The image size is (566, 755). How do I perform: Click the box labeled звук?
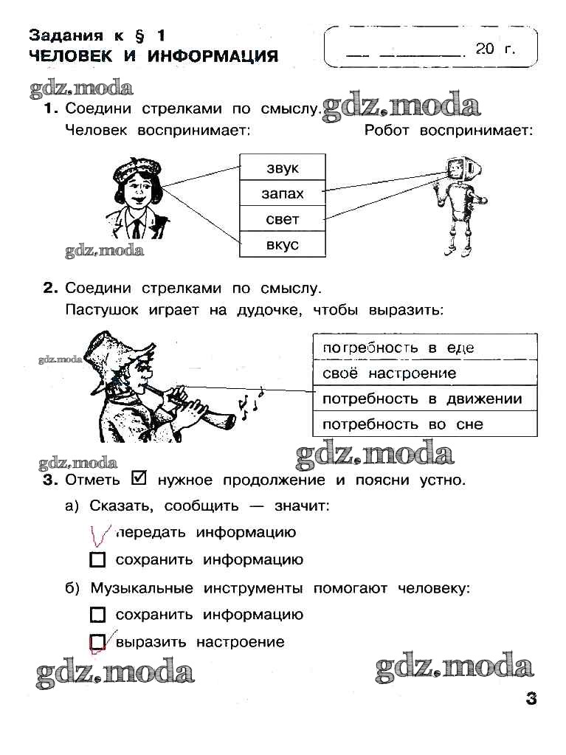coord(282,167)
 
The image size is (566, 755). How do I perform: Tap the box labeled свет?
coord(282,218)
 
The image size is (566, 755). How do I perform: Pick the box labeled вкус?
coord(282,244)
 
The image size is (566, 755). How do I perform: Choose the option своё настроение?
coord(425,373)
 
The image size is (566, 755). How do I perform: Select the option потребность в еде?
coord(425,347)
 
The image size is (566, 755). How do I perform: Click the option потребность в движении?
coord(425,399)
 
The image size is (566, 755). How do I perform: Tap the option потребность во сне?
coord(425,424)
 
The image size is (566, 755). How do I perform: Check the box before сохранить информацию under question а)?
coord(97,560)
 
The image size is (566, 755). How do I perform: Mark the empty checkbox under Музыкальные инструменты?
coord(97,615)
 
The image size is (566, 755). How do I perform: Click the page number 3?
coord(531,698)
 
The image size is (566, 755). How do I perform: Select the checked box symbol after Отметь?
coord(138,478)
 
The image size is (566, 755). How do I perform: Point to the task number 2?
coord(49,288)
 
